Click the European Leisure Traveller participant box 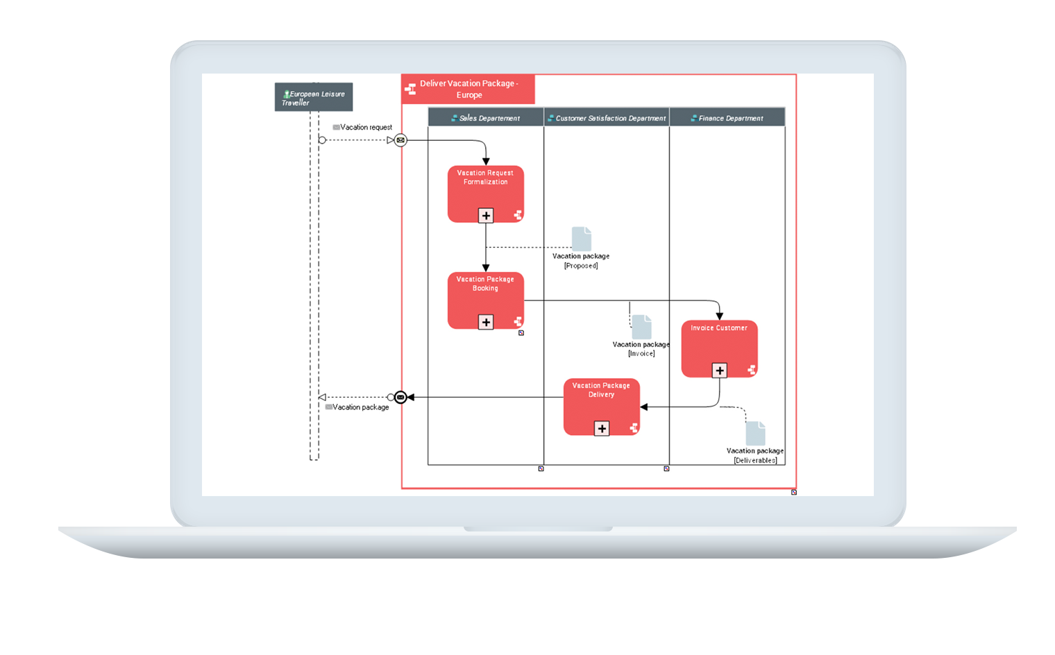(x=314, y=97)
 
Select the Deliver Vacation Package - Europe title (x=469, y=89)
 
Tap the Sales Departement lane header (x=486, y=118)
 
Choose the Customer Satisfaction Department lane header (x=607, y=118)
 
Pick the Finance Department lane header (x=727, y=118)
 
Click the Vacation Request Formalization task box (x=486, y=194)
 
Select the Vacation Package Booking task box (x=486, y=300)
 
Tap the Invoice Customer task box (x=719, y=349)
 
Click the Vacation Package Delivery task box (x=602, y=407)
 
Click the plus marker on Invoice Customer (x=719, y=371)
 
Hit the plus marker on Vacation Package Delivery (x=602, y=429)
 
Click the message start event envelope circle (x=400, y=140)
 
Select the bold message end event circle (x=400, y=398)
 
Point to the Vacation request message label (x=366, y=127)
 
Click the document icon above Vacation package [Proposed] (x=582, y=239)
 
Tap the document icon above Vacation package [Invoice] (x=641, y=327)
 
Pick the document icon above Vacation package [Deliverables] (x=755, y=433)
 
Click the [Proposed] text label (x=581, y=266)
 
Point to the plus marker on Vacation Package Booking (x=486, y=322)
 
